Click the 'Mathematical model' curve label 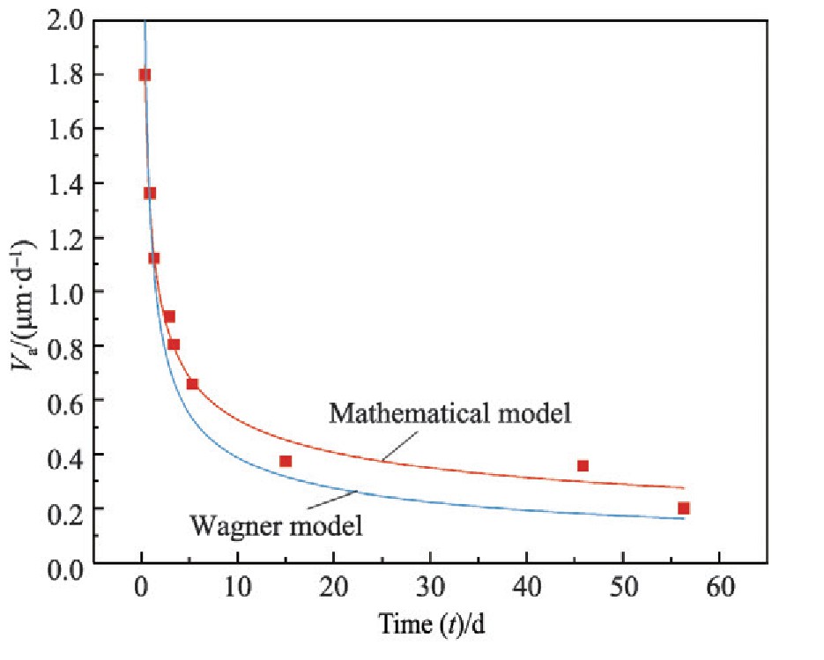tap(451, 412)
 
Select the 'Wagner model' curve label tap(276, 528)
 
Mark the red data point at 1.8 tap(145, 75)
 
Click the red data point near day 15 tap(286, 461)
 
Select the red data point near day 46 tap(583, 465)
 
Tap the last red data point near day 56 tap(684, 508)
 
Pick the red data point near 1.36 tap(150, 193)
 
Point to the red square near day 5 tap(192, 383)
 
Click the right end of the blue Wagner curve tap(683, 518)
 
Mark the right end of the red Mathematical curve tap(683, 487)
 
